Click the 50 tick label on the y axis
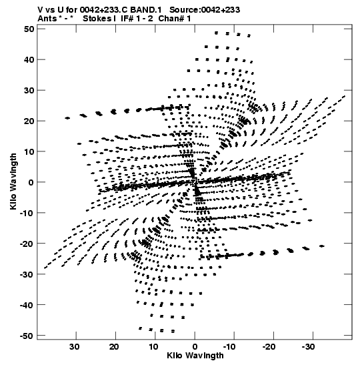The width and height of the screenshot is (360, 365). tap(29, 29)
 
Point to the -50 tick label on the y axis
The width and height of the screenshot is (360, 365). tap(27, 336)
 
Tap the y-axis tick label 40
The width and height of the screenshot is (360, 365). tap(29, 60)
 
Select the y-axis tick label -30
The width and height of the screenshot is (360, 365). tap(27, 274)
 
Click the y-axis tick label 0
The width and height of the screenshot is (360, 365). tap(31, 183)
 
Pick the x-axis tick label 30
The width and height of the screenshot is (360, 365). tap(75, 347)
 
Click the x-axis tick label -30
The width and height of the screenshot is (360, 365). tap(309, 347)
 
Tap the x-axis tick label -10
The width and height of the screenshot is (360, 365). tap(229, 347)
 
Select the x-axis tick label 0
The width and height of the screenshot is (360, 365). tap(195, 347)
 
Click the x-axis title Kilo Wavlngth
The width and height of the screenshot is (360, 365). tap(195, 356)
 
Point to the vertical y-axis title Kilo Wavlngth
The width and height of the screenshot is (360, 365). tap(13, 181)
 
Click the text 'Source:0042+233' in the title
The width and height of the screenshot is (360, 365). tap(205, 10)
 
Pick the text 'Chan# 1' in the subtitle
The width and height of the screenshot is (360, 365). tap(175, 19)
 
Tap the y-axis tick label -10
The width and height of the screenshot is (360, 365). tap(27, 214)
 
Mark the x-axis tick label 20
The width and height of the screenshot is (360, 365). tap(114, 347)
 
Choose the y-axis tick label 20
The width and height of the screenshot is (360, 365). tap(29, 121)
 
